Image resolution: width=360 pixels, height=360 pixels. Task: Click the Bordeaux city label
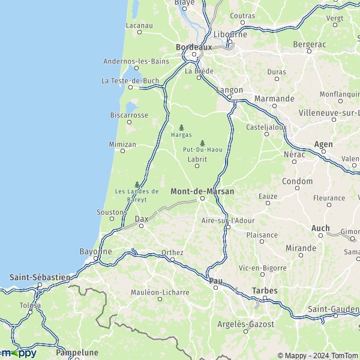point(194,46)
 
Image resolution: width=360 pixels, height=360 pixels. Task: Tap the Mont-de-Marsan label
point(202,191)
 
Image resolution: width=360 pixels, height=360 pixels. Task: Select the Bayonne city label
point(95,251)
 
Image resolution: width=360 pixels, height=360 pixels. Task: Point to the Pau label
point(216,280)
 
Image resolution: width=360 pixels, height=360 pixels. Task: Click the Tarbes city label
point(265,290)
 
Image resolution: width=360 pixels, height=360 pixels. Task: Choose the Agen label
point(323,145)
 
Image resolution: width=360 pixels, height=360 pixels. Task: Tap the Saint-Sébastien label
point(40,277)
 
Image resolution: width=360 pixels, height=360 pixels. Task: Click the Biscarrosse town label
point(129,115)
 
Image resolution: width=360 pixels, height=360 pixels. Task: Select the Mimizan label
point(122,145)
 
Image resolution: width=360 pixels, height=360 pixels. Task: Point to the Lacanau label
point(139,26)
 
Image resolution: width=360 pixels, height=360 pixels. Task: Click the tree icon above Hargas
point(181,127)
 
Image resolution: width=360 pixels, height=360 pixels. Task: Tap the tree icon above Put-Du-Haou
point(202,143)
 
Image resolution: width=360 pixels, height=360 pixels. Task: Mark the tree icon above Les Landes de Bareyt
point(137,184)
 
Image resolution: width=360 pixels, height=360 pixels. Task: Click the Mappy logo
point(19,353)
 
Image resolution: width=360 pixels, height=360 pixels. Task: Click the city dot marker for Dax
point(141,226)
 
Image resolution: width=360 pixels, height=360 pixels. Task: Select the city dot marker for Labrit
point(197,166)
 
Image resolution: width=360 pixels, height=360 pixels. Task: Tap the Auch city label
point(320,228)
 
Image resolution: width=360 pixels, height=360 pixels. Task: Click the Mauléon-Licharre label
point(160,292)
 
